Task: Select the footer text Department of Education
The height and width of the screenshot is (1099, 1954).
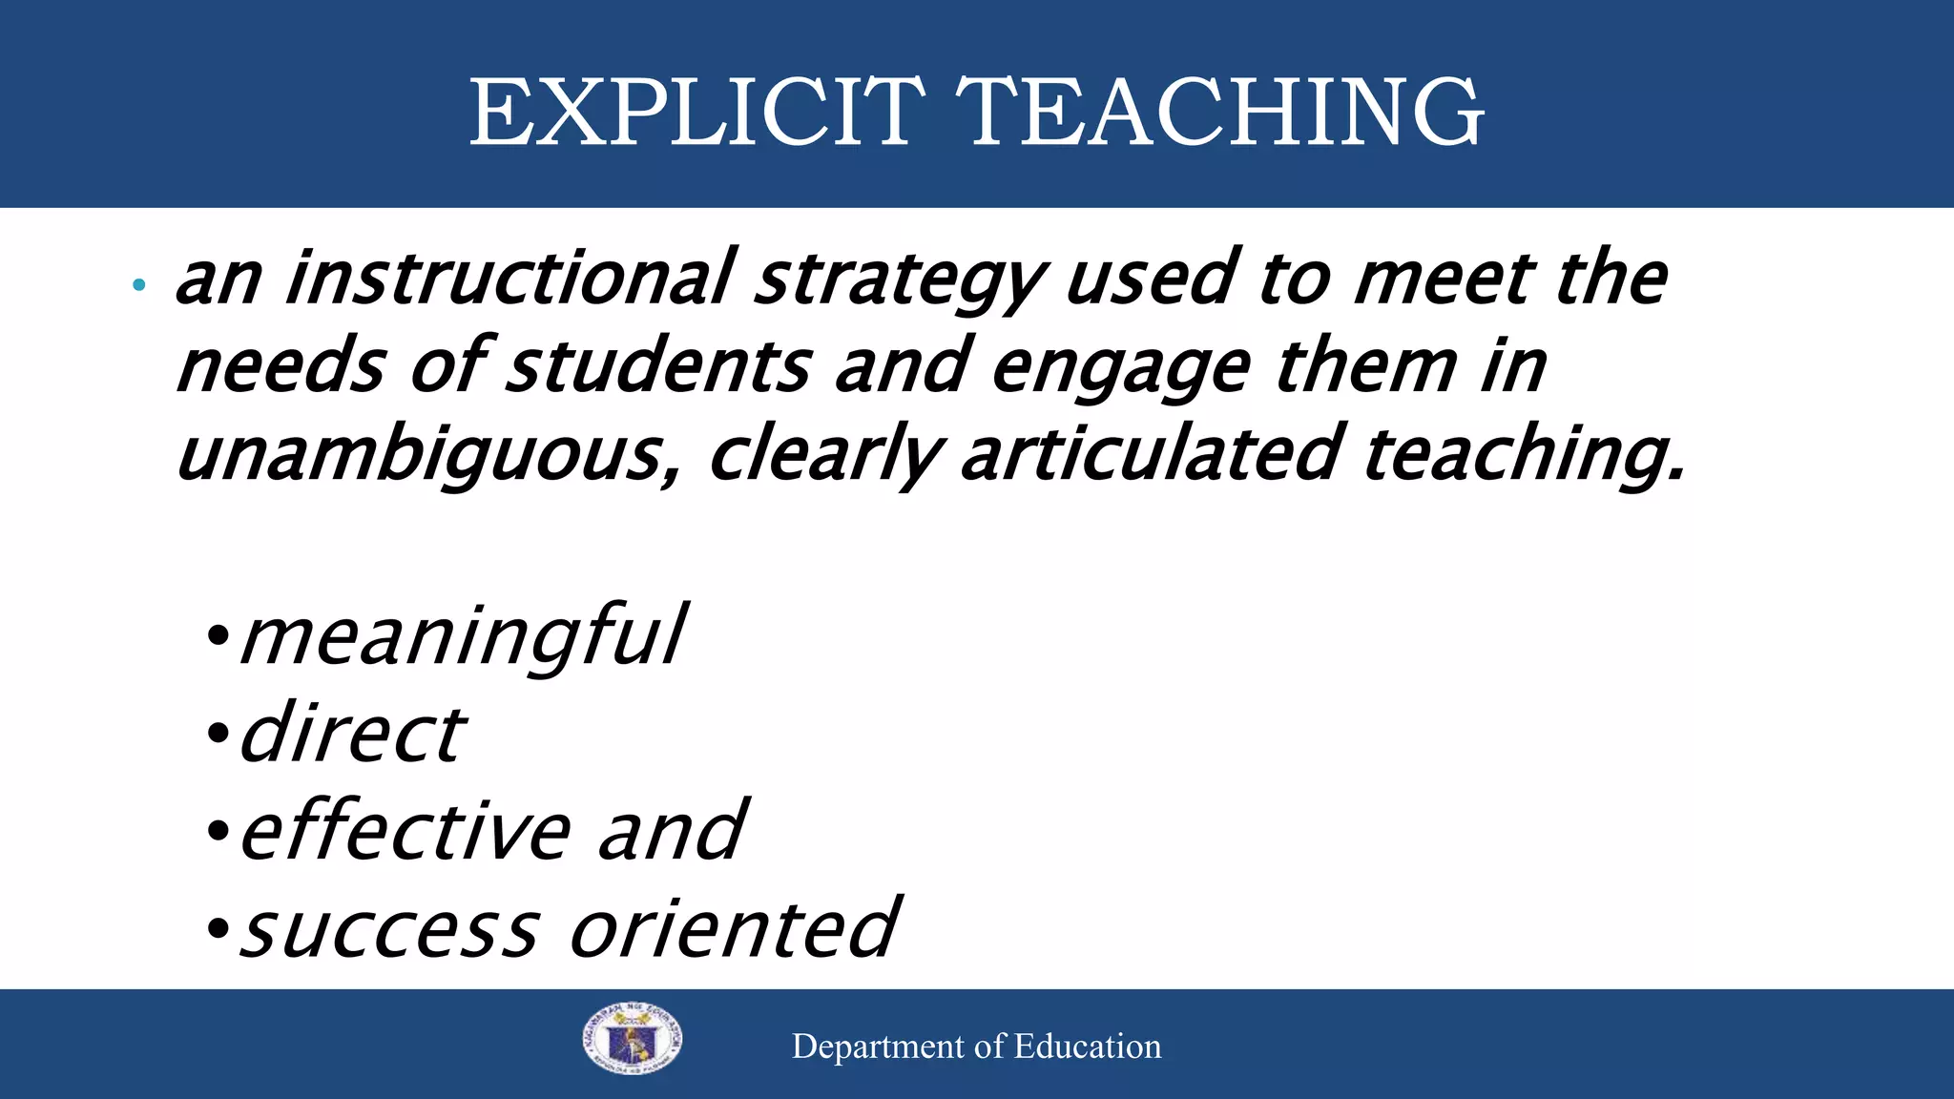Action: coord(976,1047)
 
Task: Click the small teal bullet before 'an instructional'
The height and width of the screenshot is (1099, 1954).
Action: coord(139,284)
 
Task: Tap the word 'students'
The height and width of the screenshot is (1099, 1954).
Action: coord(658,366)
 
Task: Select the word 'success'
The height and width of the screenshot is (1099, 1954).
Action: coord(389,929)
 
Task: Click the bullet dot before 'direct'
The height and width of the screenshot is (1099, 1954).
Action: coord(218,734)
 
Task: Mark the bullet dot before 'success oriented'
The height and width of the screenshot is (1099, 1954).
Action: coord(218,927)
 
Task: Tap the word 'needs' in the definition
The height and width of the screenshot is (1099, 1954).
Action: coord(281,368)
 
